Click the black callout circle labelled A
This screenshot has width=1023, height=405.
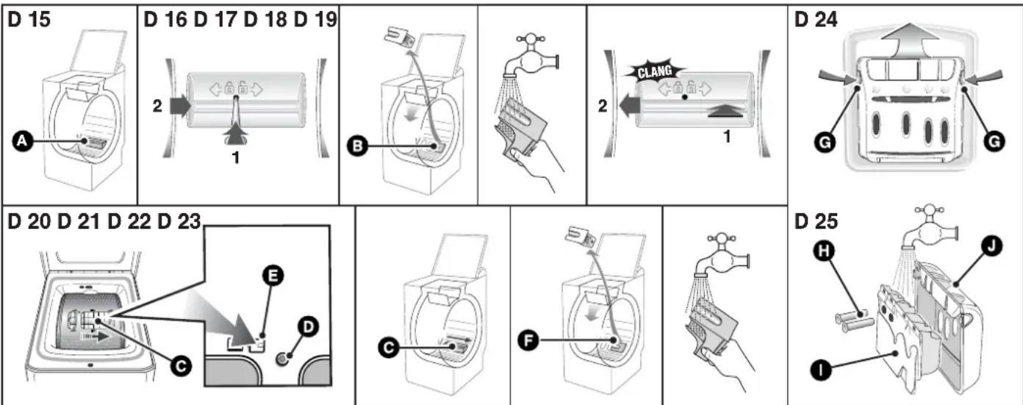point(21,141)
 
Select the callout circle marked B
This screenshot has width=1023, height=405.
point(358,146)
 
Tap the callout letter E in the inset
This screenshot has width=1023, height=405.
point(273,276)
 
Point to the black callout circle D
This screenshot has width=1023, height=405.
point(308,327)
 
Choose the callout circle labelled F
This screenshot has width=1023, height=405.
point(528,340)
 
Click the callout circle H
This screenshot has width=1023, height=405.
point(825,251)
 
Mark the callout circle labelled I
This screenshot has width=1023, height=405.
point(821,370)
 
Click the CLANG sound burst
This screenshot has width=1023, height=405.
point(655,71)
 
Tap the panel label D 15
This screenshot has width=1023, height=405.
point(29,20)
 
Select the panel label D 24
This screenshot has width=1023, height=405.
point(816,20)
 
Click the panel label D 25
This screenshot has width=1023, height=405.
point(816,221)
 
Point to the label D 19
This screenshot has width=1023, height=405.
point(315,20)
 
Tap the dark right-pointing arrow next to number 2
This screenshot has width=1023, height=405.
point(180,106)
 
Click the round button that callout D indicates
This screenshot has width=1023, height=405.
point(281,359)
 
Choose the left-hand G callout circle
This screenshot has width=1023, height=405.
point(825,143)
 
